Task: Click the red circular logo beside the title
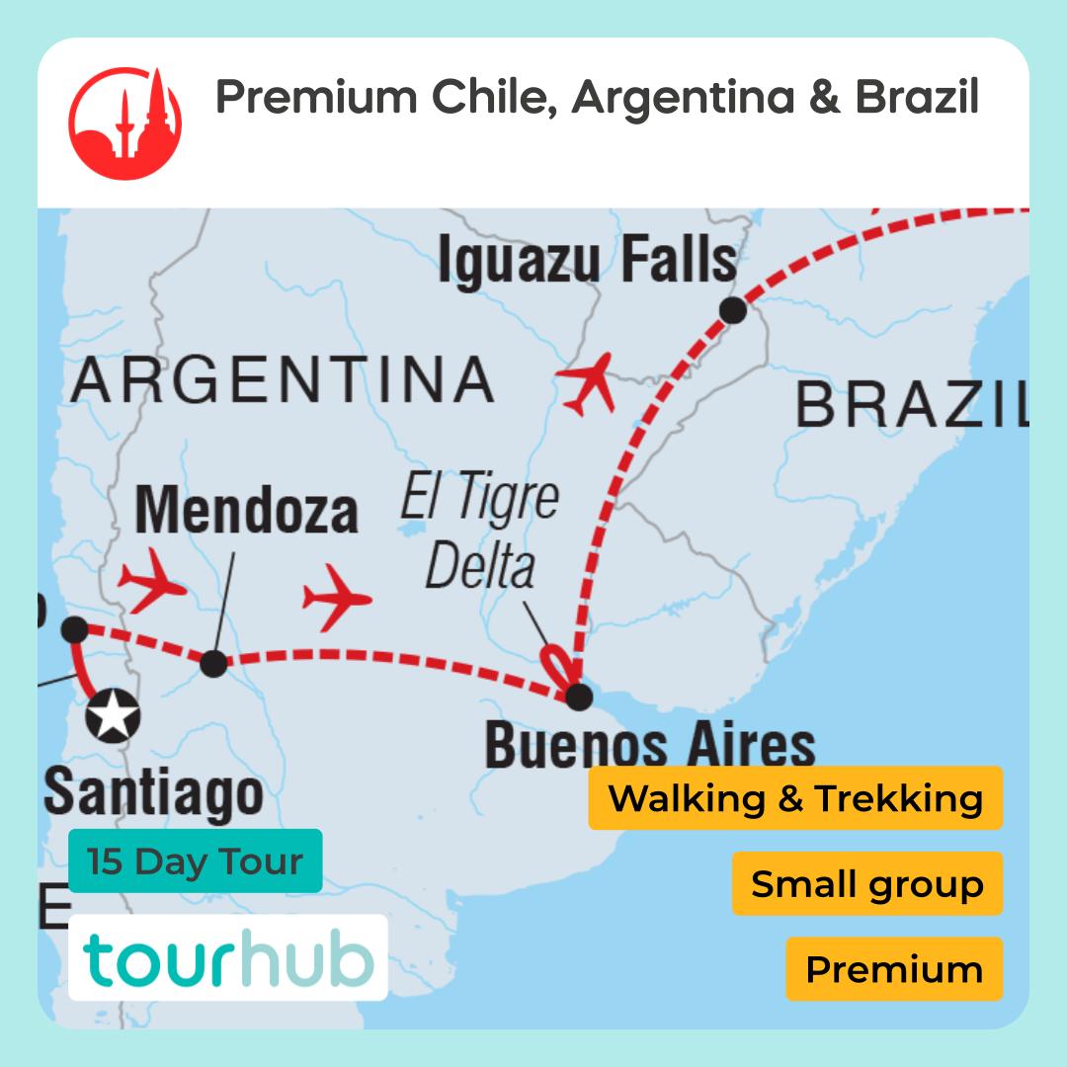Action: [x=125, y=123]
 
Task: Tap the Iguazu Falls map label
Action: [x=587, y=259]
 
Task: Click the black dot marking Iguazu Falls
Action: [x=733, y=311]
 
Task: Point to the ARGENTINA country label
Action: [x=283, y=380]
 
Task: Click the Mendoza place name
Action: [x=246, y=511]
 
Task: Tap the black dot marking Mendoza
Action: [x=213, y=663]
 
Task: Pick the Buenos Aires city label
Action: [x=649, y=746]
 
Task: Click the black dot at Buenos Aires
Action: [x=579, y=696]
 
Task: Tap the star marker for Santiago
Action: [x=113, y=715]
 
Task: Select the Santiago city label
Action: [x=154, y=792]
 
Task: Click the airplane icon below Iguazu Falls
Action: [x=589, y=384]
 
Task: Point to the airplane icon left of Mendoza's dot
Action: [x=151, y=587]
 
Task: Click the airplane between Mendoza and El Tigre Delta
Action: [x=336, y=597]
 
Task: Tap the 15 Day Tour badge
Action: [x=195, y=861]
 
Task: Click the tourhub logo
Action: [x=228, y=958]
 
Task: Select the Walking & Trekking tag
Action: [x=795, y=798]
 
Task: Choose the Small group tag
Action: [x=866, y=883]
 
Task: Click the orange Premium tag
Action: [x=894, y=969]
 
